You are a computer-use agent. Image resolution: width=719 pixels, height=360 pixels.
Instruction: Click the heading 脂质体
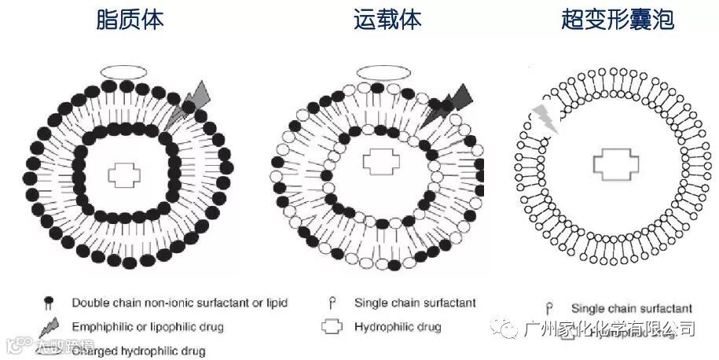tap(129, 20)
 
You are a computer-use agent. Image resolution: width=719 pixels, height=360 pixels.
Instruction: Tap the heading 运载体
tap(387, 20)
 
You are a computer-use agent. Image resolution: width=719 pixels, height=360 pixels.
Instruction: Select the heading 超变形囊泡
tap(617, 20)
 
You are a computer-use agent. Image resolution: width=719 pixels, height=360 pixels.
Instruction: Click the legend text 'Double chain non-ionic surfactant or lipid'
tap(180, 303)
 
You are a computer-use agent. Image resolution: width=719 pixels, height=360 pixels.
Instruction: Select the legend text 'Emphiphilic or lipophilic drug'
tap(148, 326)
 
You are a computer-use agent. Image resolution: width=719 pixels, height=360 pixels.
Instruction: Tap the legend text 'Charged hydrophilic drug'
tap(138, 351)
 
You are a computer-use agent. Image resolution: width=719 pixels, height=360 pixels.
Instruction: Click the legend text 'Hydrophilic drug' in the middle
tap(398, 326)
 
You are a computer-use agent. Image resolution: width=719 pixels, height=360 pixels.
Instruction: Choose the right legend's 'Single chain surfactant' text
tap(632, 309)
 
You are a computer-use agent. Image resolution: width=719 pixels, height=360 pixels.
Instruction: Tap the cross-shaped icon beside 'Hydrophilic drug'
tap(333, 326)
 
